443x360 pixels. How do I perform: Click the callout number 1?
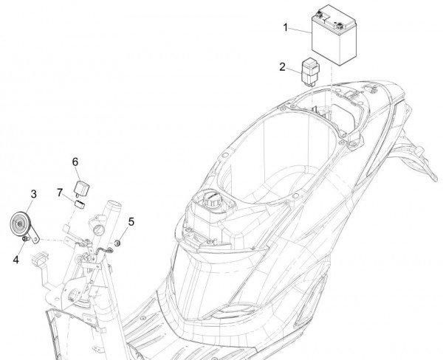point(286,28)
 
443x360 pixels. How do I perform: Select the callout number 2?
point(282,67)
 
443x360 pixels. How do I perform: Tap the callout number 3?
point(34,194)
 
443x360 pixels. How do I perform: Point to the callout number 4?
point(16,260)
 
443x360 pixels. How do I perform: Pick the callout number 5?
point(131,222)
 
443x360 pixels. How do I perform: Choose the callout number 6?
point(75,162)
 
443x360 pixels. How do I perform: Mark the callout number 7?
point(60,193)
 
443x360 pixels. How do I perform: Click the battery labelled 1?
point(334,35)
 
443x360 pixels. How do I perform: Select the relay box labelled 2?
point(311,71)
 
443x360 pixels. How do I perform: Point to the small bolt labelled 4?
point(25,239)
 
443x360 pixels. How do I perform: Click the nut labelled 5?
point(117,243)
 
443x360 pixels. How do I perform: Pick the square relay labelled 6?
point(81,187)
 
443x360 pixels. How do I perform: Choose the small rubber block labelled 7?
point(80,204)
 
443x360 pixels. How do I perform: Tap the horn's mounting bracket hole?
point(35,239)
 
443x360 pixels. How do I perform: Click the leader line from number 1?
point(301,31)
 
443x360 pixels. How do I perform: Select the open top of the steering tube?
point(114,204)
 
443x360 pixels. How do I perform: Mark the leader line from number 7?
point(69,198)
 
